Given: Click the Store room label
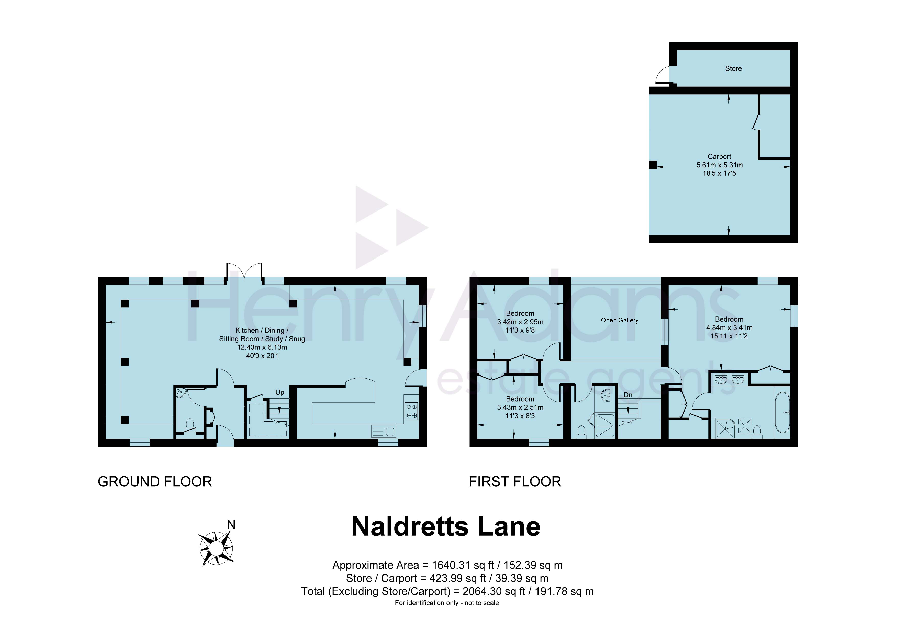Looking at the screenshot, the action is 733,68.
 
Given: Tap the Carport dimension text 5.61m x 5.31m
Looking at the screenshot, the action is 719,165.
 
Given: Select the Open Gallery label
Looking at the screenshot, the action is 620,320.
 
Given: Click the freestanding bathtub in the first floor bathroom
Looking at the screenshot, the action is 782,412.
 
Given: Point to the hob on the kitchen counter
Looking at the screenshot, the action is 411,411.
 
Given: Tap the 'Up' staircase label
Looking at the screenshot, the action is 280,392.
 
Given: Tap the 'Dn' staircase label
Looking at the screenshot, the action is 628,395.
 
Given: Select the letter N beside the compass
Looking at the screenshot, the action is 231,525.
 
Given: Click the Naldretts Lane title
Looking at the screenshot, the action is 446,527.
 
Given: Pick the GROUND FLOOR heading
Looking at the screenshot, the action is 155,482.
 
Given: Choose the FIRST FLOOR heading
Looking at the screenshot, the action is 515,482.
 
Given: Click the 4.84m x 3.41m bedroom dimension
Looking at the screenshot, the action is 729,327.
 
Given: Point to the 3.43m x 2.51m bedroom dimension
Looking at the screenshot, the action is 520,407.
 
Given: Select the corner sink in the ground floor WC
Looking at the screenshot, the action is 182,392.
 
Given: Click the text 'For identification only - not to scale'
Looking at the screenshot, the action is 446,603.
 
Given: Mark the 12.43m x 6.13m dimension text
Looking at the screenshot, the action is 262,347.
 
